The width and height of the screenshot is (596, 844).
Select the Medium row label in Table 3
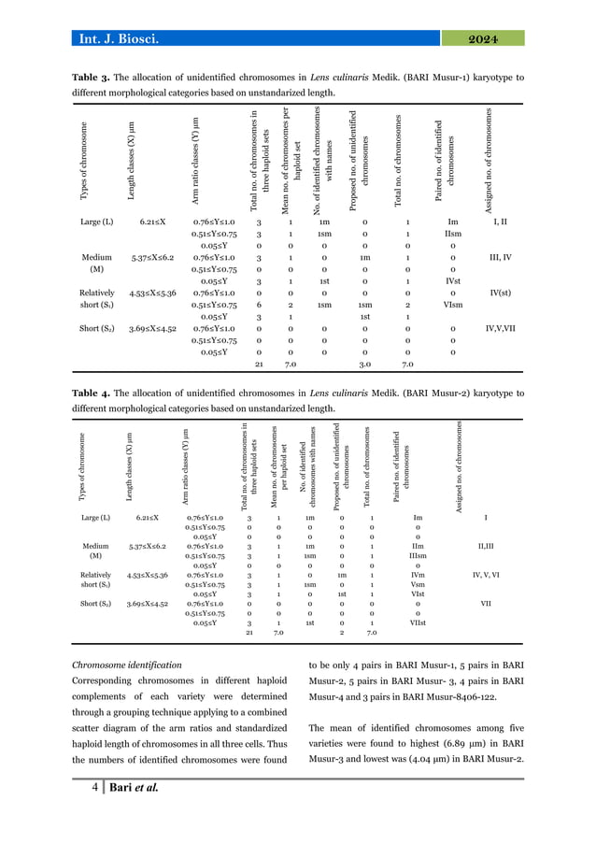pos(96,255)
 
